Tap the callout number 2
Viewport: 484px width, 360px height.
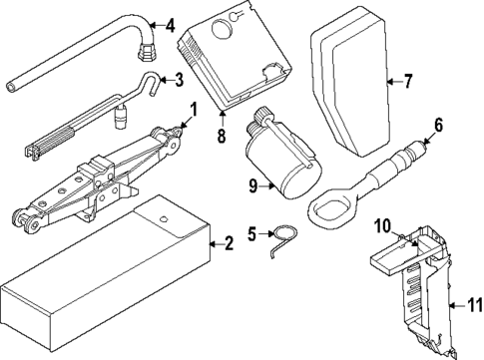[228, 242]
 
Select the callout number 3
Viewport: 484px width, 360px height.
[178, 80]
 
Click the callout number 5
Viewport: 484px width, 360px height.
[251, 234]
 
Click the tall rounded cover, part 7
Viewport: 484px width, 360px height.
[349, 80]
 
